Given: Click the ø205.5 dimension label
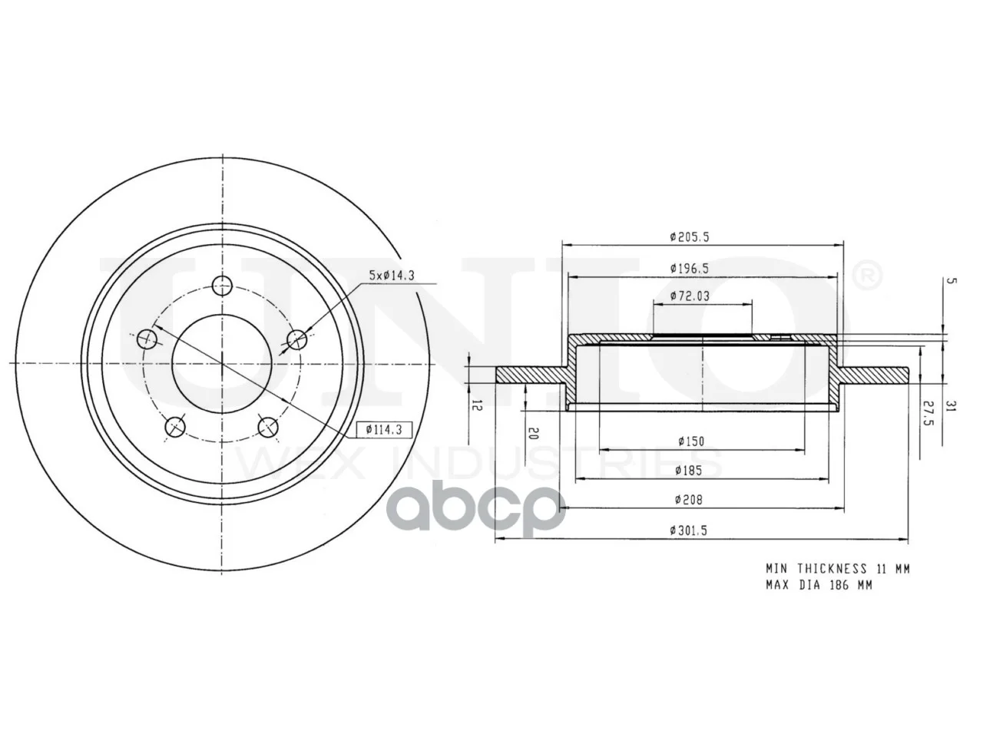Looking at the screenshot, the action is pos(690,236).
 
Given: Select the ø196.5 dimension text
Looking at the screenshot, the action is pos(690,269).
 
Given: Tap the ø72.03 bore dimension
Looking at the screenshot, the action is pos(690,296).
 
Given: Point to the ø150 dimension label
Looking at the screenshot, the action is pos(691,441).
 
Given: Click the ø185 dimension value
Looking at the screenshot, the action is pos(689,471).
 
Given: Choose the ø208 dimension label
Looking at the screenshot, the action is pos(689,499).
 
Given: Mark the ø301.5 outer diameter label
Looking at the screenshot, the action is pos(688,530).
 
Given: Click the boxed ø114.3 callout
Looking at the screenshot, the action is pos(384,430).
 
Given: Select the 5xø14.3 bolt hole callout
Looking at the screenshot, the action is pos(392,275).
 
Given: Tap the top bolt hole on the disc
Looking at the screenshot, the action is pos(223,286).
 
